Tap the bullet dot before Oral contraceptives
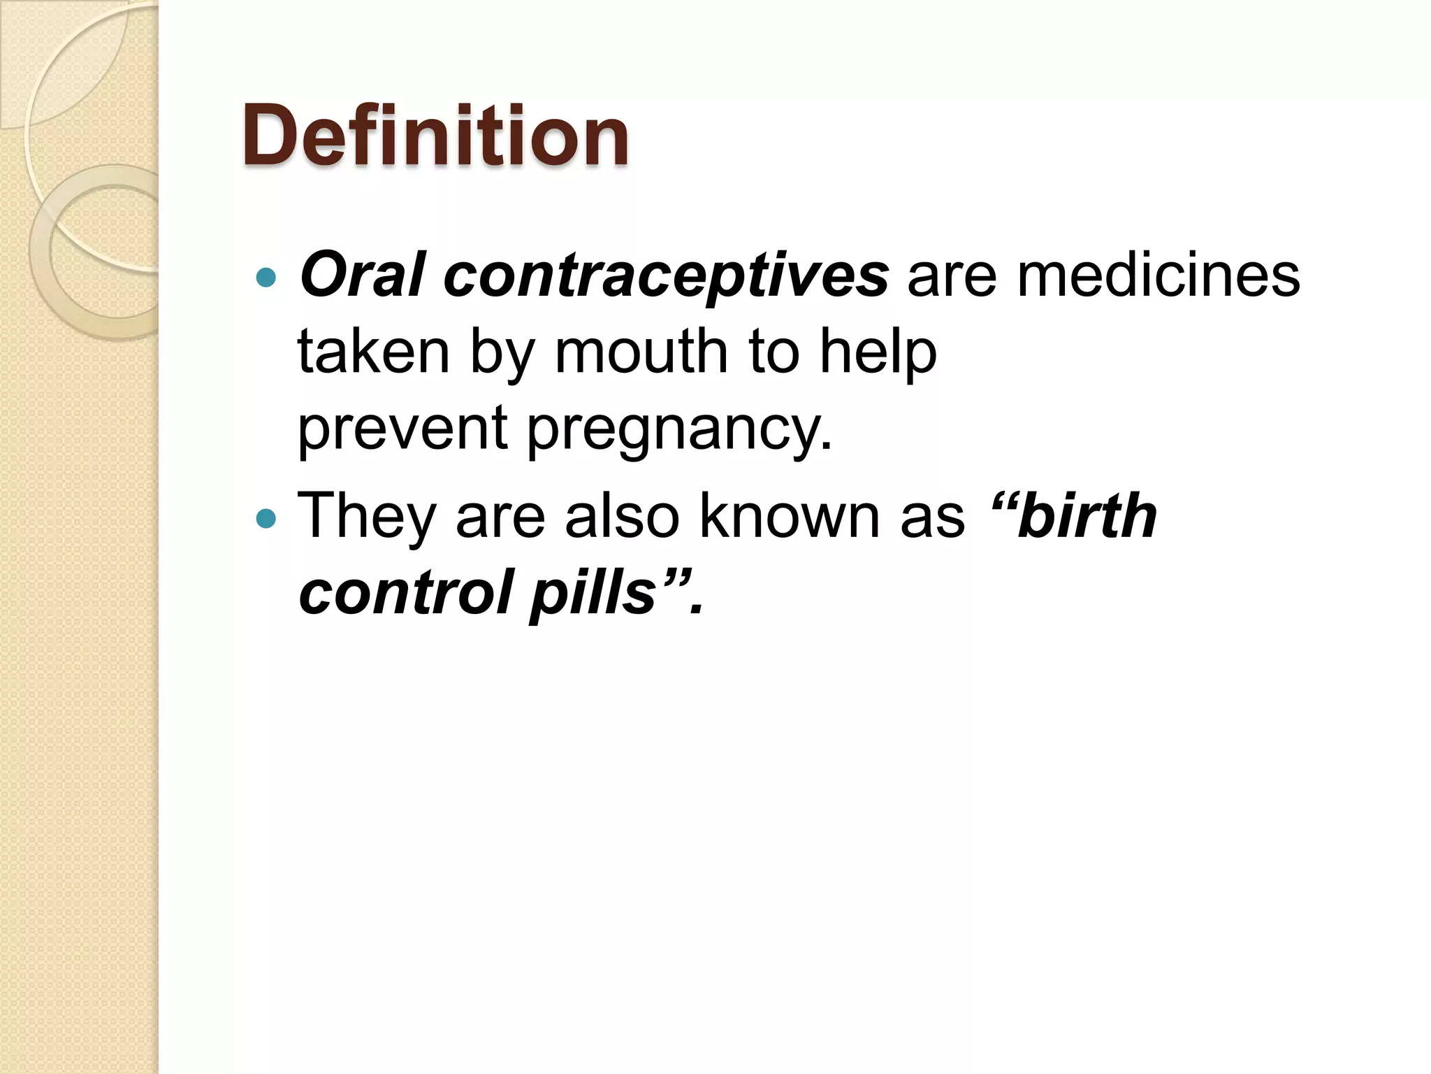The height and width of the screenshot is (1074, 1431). [266, 278]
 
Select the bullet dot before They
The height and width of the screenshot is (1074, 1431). [266, 519]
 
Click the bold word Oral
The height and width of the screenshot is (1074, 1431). [362, 275]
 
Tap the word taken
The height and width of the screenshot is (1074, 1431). [373, 352]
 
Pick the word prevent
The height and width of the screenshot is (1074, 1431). [402, 429]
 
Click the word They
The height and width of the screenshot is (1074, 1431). [367, 516]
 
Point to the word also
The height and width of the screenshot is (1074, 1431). [622, 516]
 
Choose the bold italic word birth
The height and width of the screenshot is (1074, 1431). [1087, 516]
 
